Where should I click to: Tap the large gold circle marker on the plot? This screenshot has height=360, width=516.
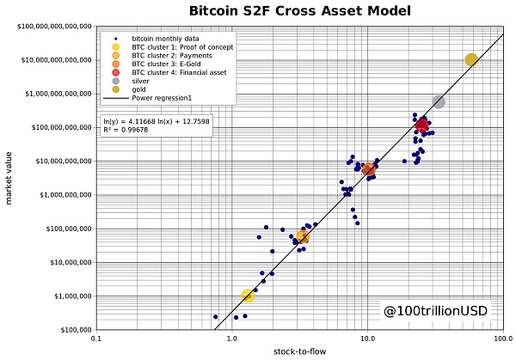[471, 59]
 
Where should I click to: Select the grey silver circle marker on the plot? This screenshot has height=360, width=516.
[439, 101]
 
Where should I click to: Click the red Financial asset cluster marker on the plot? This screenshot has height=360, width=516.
[422, 125]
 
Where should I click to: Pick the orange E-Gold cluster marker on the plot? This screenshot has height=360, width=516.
[368, 169]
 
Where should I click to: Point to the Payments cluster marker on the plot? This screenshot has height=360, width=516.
[302, 237]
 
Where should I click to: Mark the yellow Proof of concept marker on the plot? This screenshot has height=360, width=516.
[249, 296]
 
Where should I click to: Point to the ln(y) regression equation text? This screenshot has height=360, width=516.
[155, 121]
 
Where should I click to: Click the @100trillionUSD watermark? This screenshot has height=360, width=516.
[435, 306]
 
